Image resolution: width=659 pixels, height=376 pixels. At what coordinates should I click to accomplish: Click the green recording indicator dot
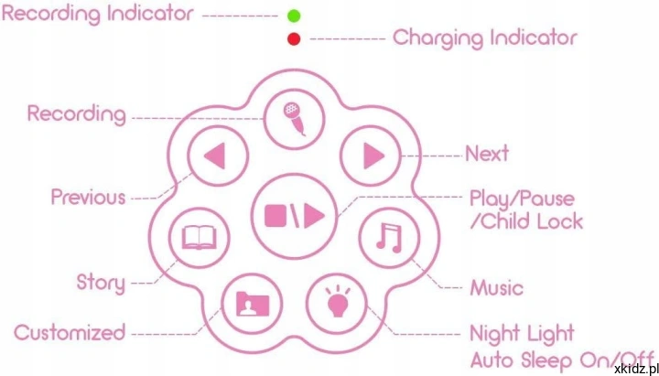click(294, 16)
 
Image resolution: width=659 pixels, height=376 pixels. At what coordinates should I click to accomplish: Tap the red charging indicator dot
click(294, 39)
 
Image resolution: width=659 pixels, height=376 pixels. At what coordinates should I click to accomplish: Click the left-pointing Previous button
click(218, 156)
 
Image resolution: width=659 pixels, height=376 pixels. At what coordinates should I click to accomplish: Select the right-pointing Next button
click(371, 156)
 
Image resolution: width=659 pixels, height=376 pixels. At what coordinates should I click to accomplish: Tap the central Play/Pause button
click(294, 216)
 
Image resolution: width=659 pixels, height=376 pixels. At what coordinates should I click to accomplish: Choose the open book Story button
click(199, 237)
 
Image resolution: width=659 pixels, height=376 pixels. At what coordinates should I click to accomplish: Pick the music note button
click(390, 237)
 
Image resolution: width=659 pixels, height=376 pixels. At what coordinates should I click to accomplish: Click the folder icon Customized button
click(253, 304)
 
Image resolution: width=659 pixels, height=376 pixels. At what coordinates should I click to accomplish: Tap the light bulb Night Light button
click(337, 304)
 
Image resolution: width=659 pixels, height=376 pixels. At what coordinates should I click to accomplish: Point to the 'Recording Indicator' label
click(98, 14)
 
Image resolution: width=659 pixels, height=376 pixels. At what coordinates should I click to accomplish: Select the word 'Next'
click(487, 154)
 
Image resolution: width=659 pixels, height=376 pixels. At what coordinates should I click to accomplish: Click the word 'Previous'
click(88, 197)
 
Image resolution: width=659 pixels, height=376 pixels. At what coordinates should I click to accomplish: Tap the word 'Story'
click(101, 284)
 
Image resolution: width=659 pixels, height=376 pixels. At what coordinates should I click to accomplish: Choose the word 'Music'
click(497, 288)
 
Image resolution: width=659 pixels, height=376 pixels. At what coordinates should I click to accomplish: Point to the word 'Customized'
click(70, 333)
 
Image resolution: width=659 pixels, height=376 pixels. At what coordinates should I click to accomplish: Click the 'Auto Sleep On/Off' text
click(563, 360)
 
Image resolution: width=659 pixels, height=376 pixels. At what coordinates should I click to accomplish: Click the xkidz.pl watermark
click(636, 370)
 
